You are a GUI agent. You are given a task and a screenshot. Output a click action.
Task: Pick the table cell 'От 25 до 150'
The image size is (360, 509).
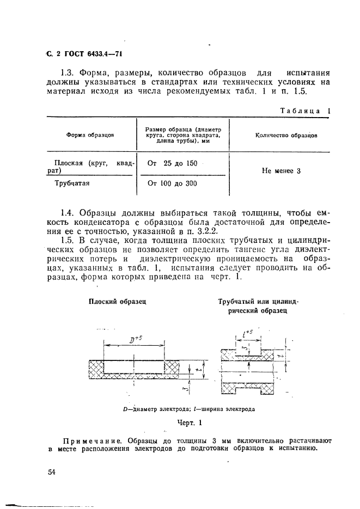pyautogui.click(x=172, y=163)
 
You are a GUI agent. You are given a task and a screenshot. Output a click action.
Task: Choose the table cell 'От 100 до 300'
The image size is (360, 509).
pyautogui.click(x=172, y=183)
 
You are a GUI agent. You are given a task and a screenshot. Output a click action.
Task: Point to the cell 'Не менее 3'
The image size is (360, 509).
pyautogui.click(x=281, y=171)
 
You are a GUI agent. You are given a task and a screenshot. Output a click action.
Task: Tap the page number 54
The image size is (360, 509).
pyautogui.click(x=52, y=472)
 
